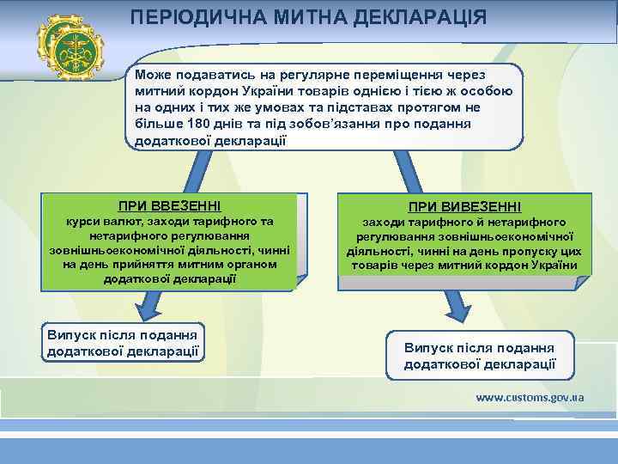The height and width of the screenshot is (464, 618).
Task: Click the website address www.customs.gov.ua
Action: tap(530, 398)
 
